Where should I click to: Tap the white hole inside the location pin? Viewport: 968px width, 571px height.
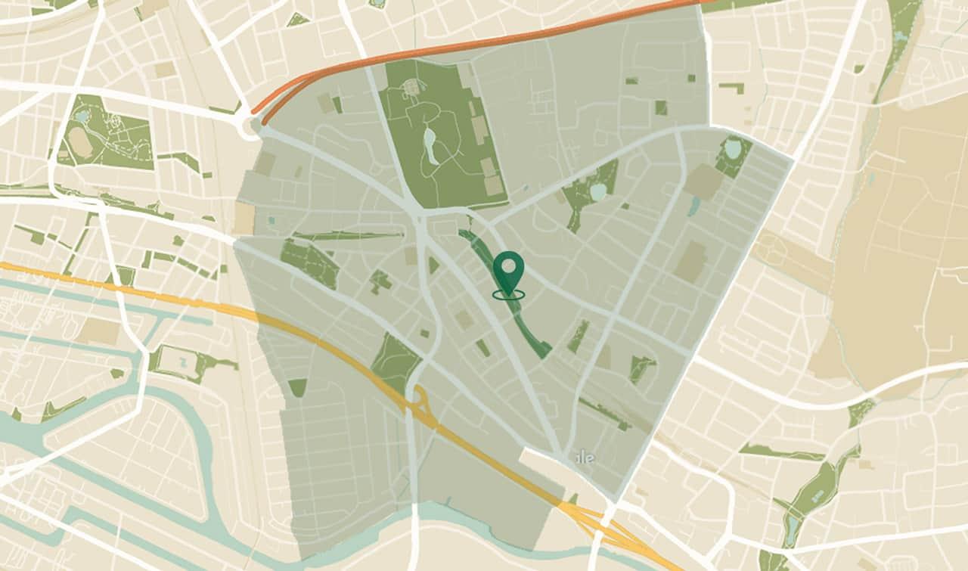click(509, 267)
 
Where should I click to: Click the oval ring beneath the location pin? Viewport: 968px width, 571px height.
click(509, 293)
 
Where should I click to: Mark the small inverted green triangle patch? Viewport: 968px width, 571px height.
click(297, 387)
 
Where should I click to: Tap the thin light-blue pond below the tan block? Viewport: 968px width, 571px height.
click(694, 205)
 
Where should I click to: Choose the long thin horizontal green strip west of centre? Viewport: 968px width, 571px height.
click(348, 236)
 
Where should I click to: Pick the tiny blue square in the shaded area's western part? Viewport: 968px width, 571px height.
click(271, 220)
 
